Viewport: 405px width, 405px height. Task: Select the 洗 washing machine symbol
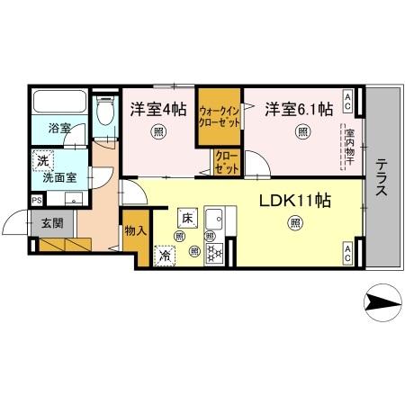[41, 162]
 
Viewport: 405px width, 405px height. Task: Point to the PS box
[36, 200]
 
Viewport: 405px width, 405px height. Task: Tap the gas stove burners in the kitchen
[216, 254]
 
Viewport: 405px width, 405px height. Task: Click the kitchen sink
[216, 220]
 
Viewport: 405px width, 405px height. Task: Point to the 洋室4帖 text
[158, 110]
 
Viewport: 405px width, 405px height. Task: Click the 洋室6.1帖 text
[298, 110]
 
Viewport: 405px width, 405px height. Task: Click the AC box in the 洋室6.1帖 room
[347, 97]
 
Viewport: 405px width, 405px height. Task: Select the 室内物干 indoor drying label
[346, 148]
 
